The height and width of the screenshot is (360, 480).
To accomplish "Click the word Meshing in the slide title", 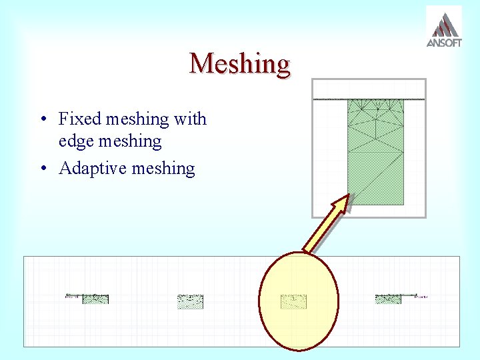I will click(240, 64).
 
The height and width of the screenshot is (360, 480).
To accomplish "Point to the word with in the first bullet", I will click(190, 119).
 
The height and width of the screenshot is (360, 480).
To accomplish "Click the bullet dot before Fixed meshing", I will click(42, 120).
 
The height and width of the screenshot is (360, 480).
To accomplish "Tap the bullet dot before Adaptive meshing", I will click(42, 169).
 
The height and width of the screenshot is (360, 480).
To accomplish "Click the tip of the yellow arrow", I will click(347, 197).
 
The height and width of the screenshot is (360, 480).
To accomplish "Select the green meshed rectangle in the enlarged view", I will click(375, 152).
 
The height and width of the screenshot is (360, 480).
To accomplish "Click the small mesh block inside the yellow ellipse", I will click(293, 301).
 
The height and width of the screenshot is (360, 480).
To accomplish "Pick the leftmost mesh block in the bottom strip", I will click(95, 299).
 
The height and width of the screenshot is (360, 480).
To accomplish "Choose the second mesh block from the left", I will click(190, 301).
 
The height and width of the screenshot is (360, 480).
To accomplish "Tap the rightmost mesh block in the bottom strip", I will click(389, 299).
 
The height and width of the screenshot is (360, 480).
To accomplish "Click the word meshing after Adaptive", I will click(163, 168).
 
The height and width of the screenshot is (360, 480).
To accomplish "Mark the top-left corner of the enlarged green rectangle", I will click(348, 100).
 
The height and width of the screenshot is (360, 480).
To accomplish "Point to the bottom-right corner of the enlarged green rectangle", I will click(403, 204).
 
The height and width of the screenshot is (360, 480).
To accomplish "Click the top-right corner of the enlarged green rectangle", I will click(403, 100).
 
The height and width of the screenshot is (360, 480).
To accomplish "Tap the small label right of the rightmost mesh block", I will click(421, 296).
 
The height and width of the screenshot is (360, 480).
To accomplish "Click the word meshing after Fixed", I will click(136, 119).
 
